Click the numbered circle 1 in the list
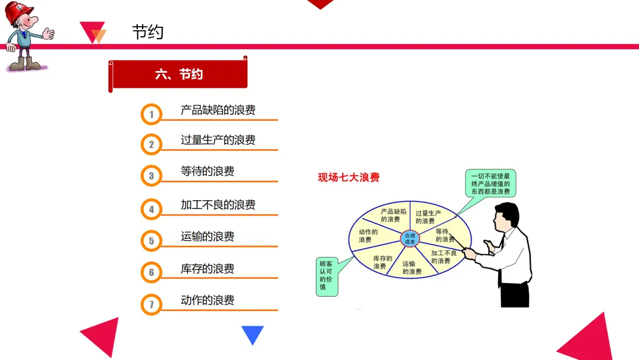coord(151,114)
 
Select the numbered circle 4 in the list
coord(151,209)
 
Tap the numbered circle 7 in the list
coord(151,304)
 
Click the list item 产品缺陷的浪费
coord(218,110)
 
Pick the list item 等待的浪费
coord(207,171)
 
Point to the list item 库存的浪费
coord(207,269)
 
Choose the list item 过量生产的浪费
coord(218,140)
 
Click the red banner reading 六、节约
coord(179,75)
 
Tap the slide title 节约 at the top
coord(147,32)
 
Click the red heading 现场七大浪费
coord(348,177)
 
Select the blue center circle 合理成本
coord(409,239)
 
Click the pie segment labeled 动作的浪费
coord(369,236)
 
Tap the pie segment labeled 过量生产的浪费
coord(428,217)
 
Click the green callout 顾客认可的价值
coord(327,275)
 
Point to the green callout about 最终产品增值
coord(490,184)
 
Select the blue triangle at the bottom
coord(253,334)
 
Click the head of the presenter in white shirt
coord(508,217)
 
